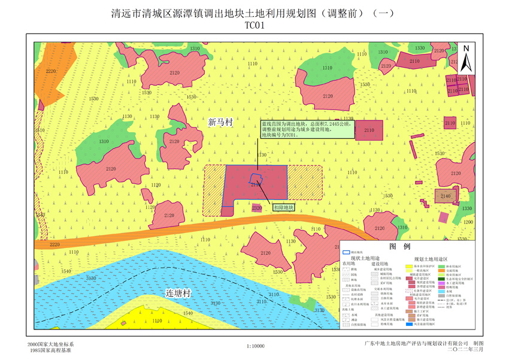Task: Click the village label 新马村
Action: pos(219,122)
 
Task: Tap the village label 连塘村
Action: pos(178,294)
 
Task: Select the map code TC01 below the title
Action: pos(254,26)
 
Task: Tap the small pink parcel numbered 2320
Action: pos(257,208)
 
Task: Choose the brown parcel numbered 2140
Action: pos(445,196)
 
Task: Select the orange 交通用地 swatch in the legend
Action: pos(443,270)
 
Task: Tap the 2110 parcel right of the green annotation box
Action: pos(369,130)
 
